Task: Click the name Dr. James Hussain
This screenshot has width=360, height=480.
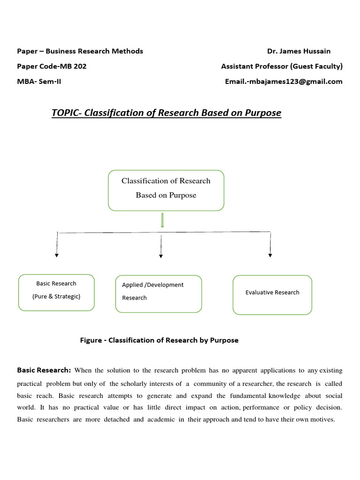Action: point(299,51)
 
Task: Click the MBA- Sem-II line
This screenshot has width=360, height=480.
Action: point(39,81)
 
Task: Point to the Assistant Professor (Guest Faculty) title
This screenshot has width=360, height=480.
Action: point(282,66)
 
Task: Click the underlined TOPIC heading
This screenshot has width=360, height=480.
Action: point(166,113)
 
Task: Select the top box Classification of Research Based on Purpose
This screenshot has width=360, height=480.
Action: point(166,190)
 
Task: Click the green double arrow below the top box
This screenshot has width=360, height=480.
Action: point(162,220)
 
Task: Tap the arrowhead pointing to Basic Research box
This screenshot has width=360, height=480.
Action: point(57,255)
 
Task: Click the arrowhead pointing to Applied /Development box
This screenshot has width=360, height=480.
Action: point(161,256)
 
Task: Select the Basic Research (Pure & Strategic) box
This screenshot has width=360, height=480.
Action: point(56,292)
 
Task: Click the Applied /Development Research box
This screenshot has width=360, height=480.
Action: point(158,294)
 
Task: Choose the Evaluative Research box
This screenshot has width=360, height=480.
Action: point(272,294)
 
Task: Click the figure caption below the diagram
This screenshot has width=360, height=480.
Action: point(159,340)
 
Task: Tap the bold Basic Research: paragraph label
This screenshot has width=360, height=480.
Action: point(44,370)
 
